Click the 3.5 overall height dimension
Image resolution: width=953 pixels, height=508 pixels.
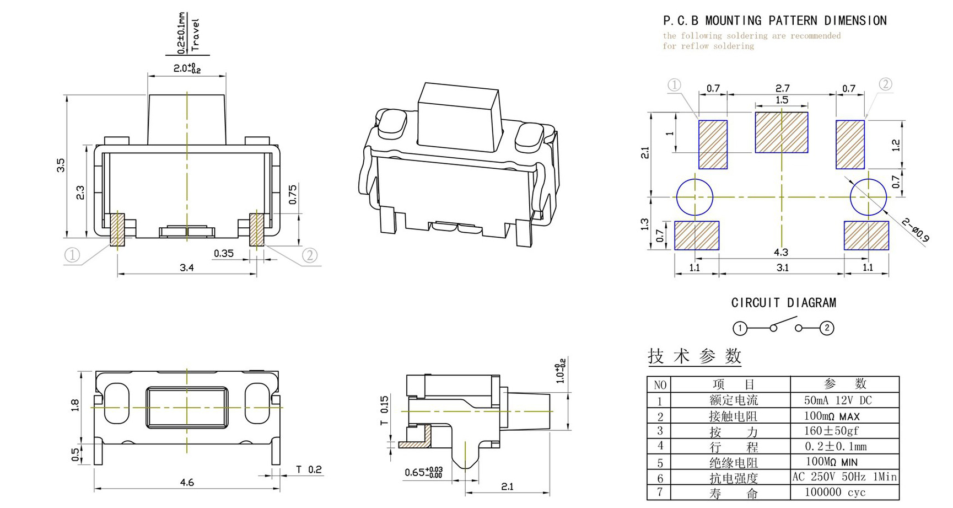tap(61, 165)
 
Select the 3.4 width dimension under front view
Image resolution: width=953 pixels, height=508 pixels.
tap(187, 268)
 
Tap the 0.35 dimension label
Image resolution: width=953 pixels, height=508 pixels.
tap(223, 253)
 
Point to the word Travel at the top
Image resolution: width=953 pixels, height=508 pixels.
tap(195, 34)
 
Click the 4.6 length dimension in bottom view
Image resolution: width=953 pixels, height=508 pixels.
tap(187, 482)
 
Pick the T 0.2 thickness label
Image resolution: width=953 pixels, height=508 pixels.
tap(309, 469)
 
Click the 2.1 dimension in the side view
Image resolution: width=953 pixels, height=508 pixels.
tap(507, 486)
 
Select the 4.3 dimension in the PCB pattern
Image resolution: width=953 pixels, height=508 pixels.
tap(780, 252)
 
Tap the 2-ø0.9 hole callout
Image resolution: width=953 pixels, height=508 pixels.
tap(916, 229)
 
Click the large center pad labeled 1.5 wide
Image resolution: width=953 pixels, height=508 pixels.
tap(781, 132)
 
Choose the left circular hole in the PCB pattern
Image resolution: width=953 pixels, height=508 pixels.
tap(694, 197)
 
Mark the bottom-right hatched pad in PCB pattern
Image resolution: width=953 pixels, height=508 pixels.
tap(866, 236)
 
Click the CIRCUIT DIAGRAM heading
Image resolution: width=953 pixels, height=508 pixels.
tap(783, 303)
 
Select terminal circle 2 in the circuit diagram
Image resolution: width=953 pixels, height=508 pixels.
tap(826, 328)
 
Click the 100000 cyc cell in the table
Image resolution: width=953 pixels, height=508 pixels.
tap(835, 492)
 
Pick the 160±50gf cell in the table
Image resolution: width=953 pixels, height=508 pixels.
tap(832, 430)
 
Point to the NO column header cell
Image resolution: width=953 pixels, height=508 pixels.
tap(659, 384)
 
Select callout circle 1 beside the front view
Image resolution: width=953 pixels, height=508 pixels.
tap(72, 255)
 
